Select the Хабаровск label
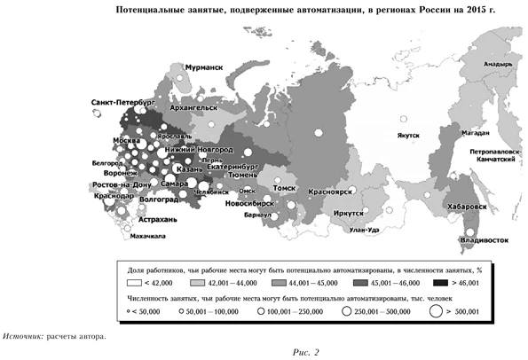coord(468,205)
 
